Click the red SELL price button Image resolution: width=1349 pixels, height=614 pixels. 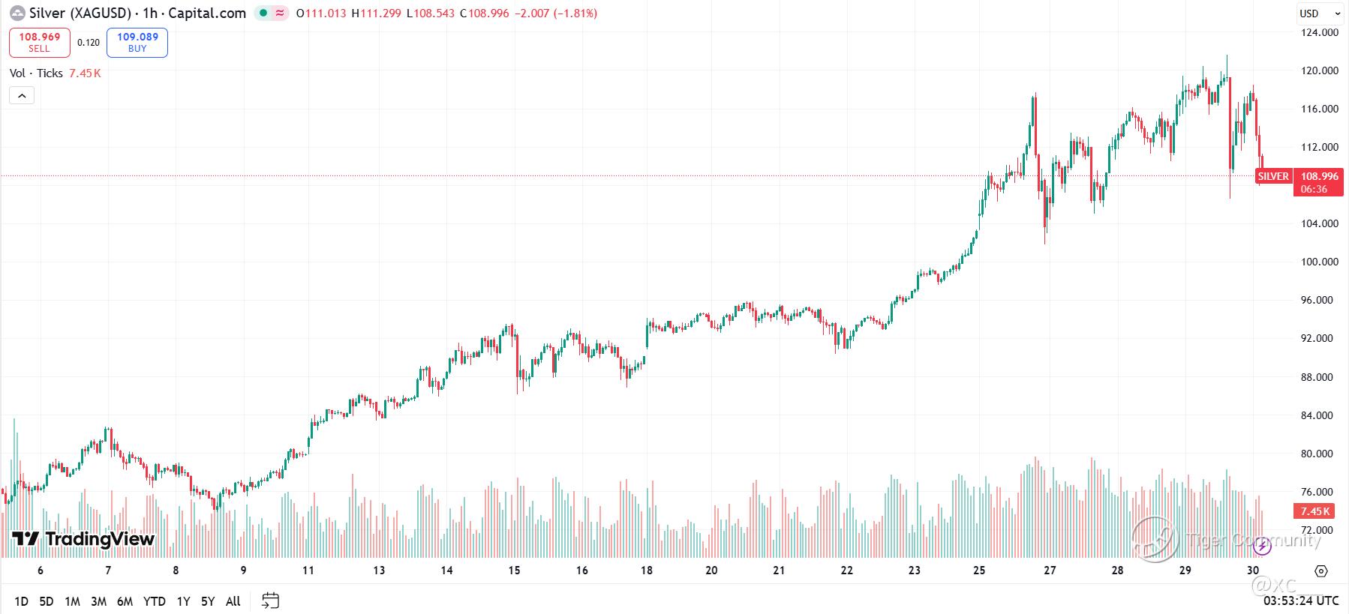pos(39,42)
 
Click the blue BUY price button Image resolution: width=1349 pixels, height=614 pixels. pos(137,42)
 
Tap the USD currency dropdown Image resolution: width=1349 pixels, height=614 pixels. pos(1320,13)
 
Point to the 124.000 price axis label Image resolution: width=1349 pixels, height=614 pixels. pos(1320,32)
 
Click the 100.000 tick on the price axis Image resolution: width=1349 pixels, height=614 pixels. pos(1320,262)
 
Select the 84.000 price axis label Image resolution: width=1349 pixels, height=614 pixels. pos(1320,415)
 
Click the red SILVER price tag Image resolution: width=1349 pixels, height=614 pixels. pos(1273,176)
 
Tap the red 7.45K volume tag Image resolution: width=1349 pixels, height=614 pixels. pos(1314,511)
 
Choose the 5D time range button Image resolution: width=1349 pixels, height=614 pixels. pos(47,601)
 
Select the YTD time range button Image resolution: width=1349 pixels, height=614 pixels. pos(155,601)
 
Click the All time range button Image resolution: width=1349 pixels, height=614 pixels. pos(233,601)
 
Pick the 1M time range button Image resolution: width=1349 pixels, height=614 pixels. pos(72,601)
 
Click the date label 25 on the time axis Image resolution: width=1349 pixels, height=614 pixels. pos(979,571)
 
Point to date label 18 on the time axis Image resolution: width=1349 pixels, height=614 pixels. pos(647,571)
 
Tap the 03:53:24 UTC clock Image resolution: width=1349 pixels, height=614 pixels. pos(1301,601)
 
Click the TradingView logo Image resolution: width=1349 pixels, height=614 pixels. pos(83,539)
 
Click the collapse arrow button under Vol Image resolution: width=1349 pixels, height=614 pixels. pos(22,96)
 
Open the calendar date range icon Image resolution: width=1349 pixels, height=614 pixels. pos(270,601)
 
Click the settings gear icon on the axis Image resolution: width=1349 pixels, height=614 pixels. pos(1321,571)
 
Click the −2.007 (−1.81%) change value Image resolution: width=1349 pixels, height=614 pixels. pos(555,13)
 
